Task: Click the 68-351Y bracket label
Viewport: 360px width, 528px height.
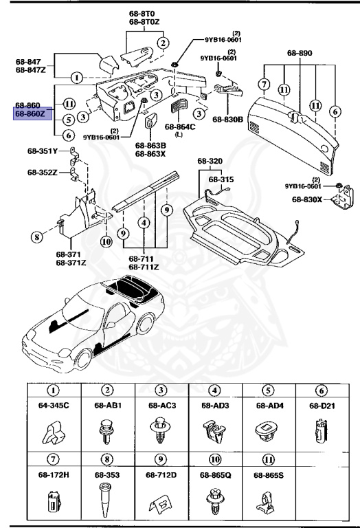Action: click(x=43, y=153)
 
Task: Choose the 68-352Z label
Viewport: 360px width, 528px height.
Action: click(x=43, y=173)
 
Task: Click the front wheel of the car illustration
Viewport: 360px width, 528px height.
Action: click(x=82, y=359)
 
